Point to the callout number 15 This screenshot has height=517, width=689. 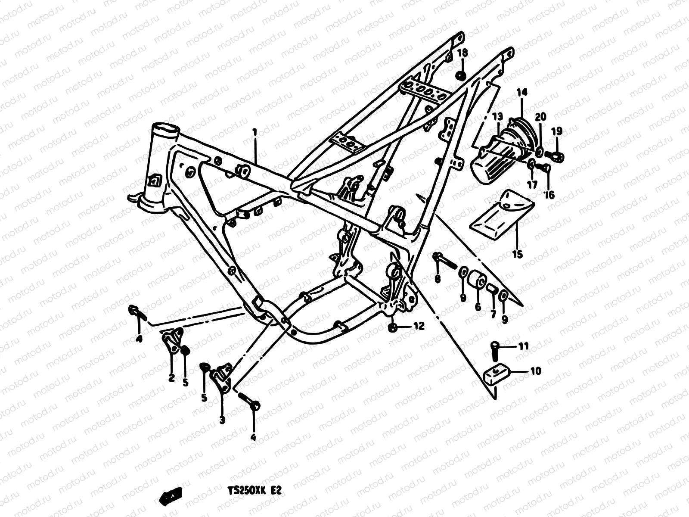point(517,254)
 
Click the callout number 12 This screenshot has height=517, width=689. point(419,326)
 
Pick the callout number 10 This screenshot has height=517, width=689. point(536,371)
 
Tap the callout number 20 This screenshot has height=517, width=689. point(540,117)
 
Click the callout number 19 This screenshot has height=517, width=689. point(557,130)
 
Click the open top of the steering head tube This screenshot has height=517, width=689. point(164,128)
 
